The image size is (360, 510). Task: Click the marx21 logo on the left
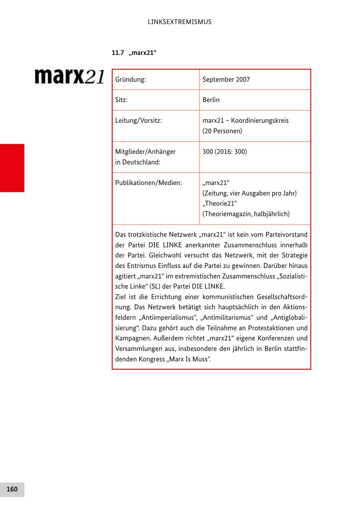(70, 76)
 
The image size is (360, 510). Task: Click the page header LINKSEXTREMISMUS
(180, 22)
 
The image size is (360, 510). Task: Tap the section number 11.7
(118, 53)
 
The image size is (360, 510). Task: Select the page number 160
(12, 489)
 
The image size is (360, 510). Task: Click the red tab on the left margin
(12, 168)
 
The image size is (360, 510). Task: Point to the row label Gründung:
(130, 80)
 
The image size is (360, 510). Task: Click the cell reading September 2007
(226, 80)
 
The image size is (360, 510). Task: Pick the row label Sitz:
(121, 100)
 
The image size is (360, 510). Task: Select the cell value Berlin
(211, 100)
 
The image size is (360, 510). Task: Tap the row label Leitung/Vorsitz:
(138, 120)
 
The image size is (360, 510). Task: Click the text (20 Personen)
(222, 131)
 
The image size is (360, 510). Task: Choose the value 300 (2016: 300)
(224, 152)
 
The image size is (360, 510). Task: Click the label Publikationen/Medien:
(148, 183)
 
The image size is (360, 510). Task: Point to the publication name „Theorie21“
(220, 204)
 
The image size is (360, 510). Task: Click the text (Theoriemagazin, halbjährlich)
(246, 214)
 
